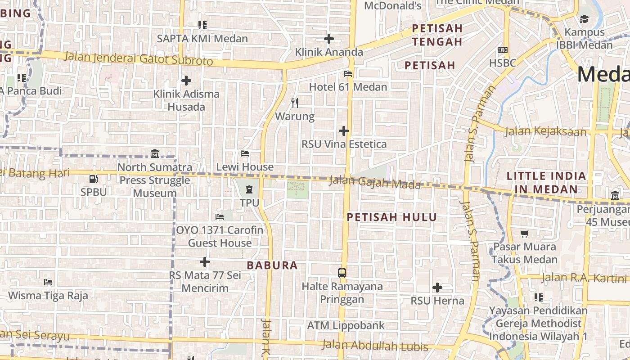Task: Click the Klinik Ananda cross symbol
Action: point(329,39)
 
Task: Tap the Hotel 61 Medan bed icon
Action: point(348,73)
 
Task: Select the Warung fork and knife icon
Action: point(295,103)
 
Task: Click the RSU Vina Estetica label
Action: point(344,144)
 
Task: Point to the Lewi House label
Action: point(245,167)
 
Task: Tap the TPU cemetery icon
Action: point(249,189)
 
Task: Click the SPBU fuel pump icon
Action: point(94,179)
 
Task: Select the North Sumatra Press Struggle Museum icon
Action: point(155,153)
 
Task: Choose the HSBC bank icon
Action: point(503,49)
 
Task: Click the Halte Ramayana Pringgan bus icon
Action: point(342,273)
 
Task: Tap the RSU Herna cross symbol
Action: point(437,287)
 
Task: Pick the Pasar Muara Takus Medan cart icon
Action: point(524,233)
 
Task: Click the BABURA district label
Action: point(272,265)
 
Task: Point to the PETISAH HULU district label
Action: point(392,217)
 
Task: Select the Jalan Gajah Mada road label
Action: point(375,183)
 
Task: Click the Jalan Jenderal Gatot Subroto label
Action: point(139,59)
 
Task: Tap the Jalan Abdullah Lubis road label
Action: point(375,346)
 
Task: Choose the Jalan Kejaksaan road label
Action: point(546,131)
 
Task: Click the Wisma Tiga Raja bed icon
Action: point(48,282)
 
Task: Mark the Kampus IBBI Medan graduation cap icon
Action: point(584,19)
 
